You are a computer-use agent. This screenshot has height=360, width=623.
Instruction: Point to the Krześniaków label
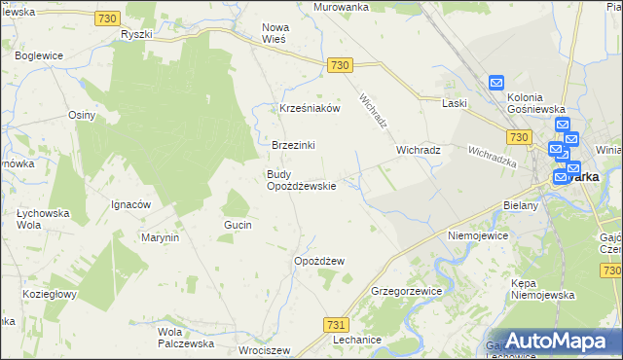click(x=310, y=108)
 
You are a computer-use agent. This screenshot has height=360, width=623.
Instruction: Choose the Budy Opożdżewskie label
click(x=302, y=180)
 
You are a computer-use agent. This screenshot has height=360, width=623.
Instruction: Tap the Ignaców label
click(x=129, y=204)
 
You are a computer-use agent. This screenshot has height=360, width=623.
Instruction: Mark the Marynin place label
click(x=161, y=237)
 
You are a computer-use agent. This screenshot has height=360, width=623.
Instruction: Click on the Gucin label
click(x=238, y=225)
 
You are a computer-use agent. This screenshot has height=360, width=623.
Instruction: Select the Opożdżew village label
click(x=319, y=261)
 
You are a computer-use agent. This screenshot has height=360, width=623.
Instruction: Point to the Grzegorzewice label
click(x=407, y=291)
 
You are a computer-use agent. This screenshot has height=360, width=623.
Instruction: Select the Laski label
click(x=455, y=102)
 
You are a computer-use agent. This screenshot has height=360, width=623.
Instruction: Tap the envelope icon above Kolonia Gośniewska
click(x=495, y=84)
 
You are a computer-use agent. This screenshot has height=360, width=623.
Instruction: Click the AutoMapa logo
click(x=552, y=341)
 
